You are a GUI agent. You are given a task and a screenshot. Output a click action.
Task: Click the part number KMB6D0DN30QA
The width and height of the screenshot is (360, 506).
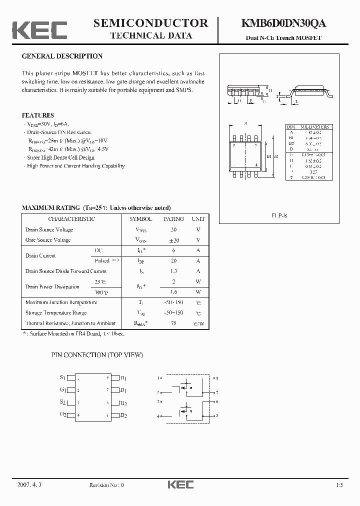point(284,23)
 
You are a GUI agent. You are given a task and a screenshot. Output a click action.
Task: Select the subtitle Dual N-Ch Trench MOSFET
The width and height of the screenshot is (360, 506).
point(283,38)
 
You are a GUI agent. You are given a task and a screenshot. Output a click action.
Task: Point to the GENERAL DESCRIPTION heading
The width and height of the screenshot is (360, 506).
point(62,56)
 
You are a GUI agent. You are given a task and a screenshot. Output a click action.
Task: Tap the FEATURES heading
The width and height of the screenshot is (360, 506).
point(38,115)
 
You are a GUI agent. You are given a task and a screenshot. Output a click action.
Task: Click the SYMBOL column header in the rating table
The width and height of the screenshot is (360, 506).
point(141,219)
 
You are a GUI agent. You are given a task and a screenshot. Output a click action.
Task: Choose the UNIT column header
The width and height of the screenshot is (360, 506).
point(198,219)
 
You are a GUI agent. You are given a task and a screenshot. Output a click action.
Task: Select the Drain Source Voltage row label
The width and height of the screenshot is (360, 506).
point(49,229)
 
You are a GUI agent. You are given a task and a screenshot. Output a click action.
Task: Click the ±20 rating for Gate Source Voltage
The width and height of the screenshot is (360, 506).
point(173,240)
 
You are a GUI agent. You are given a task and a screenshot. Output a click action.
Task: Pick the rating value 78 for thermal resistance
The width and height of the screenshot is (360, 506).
point(173,323)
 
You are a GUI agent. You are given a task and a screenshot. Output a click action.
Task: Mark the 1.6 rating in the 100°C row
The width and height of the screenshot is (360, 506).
point(173,292)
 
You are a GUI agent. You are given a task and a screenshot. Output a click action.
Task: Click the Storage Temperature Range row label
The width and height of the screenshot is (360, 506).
point(56,313)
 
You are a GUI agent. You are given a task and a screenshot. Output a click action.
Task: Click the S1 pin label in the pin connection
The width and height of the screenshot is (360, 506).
point(62,377)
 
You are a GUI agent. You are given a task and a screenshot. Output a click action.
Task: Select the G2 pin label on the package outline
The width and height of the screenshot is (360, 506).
point(62,414)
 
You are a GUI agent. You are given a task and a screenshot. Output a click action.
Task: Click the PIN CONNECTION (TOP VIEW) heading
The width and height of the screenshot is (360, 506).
point(97,354)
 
